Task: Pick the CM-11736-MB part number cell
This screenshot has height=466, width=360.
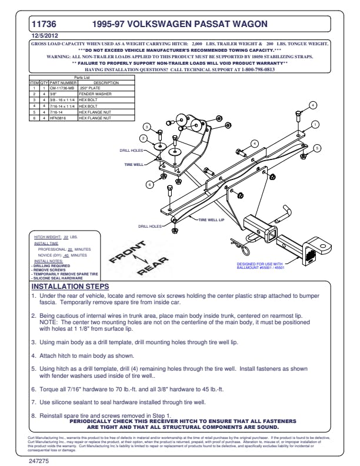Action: pyautogui.click(x=64, y=88)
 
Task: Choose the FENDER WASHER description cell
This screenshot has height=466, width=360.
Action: pyautogui.click(x=93, y=93)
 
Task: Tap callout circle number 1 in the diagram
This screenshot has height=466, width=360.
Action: pyautogui.click(x=315, y=124)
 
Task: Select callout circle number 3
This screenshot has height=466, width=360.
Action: pyautogui.click(x=148, y=127)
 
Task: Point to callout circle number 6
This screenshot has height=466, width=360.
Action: pyautogui.click(x=149, y=184)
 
